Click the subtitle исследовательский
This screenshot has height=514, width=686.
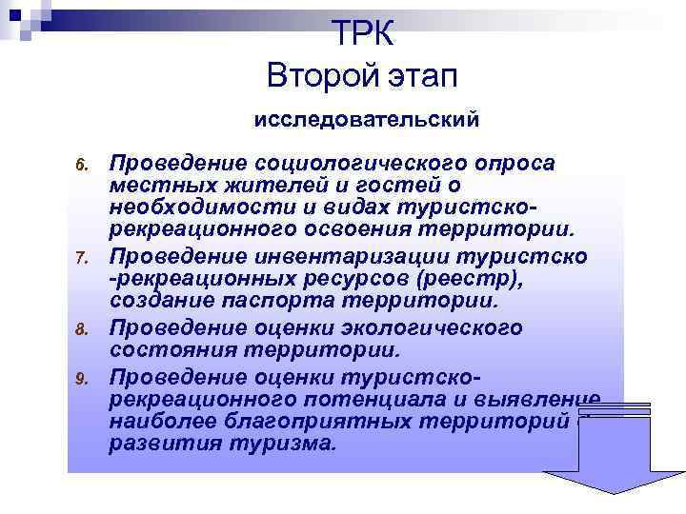point(366,121)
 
